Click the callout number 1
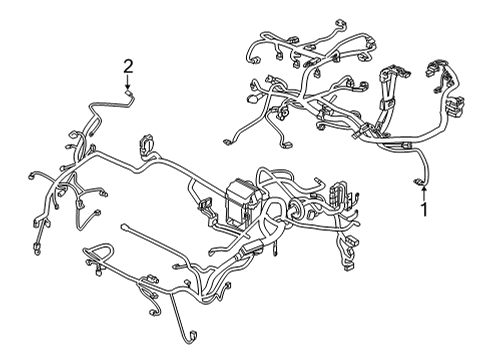click(x=423, y=210)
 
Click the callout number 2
click(x=128, y=66)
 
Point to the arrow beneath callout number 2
click(x=128, y=84)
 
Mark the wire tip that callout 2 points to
click(x=130, y=94)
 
